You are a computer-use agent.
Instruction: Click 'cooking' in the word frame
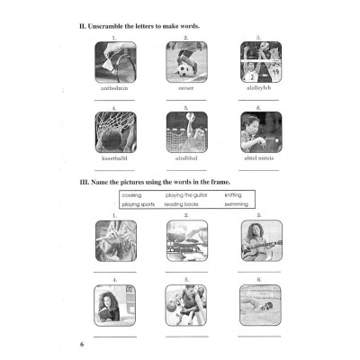(x=132, y=194)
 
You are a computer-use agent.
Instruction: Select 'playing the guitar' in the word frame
(x=184, y=194)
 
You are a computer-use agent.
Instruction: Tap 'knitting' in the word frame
(x=233, y=194)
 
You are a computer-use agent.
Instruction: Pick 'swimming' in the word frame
(x=236, y=204)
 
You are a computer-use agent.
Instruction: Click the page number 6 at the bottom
(x=81, y=345)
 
